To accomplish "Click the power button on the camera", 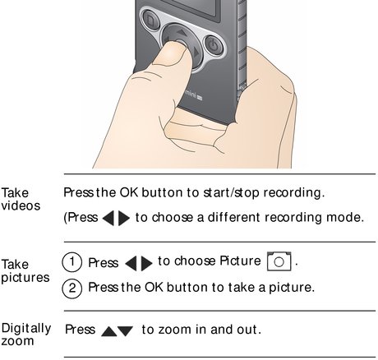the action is [x=214, y=46].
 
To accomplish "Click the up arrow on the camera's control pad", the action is [x=181, y=33].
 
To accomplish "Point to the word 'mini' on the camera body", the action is [x=190, y=95].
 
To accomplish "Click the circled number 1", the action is [x=72, y=262].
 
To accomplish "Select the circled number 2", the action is [x=72, y=288].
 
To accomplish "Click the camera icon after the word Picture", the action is [x=279, y=261].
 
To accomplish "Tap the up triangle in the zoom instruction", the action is [x=109, y=331].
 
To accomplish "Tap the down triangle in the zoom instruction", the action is [x=126, y=331].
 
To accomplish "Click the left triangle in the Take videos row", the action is [x=108, y=219].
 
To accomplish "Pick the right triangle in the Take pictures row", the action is [x=147, y=263].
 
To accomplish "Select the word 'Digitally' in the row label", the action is [x=26, y=328].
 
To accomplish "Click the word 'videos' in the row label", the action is [x=21, y=205].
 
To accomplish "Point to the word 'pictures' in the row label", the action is [x=25, y=278].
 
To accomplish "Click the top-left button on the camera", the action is [x=150, y=20].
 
